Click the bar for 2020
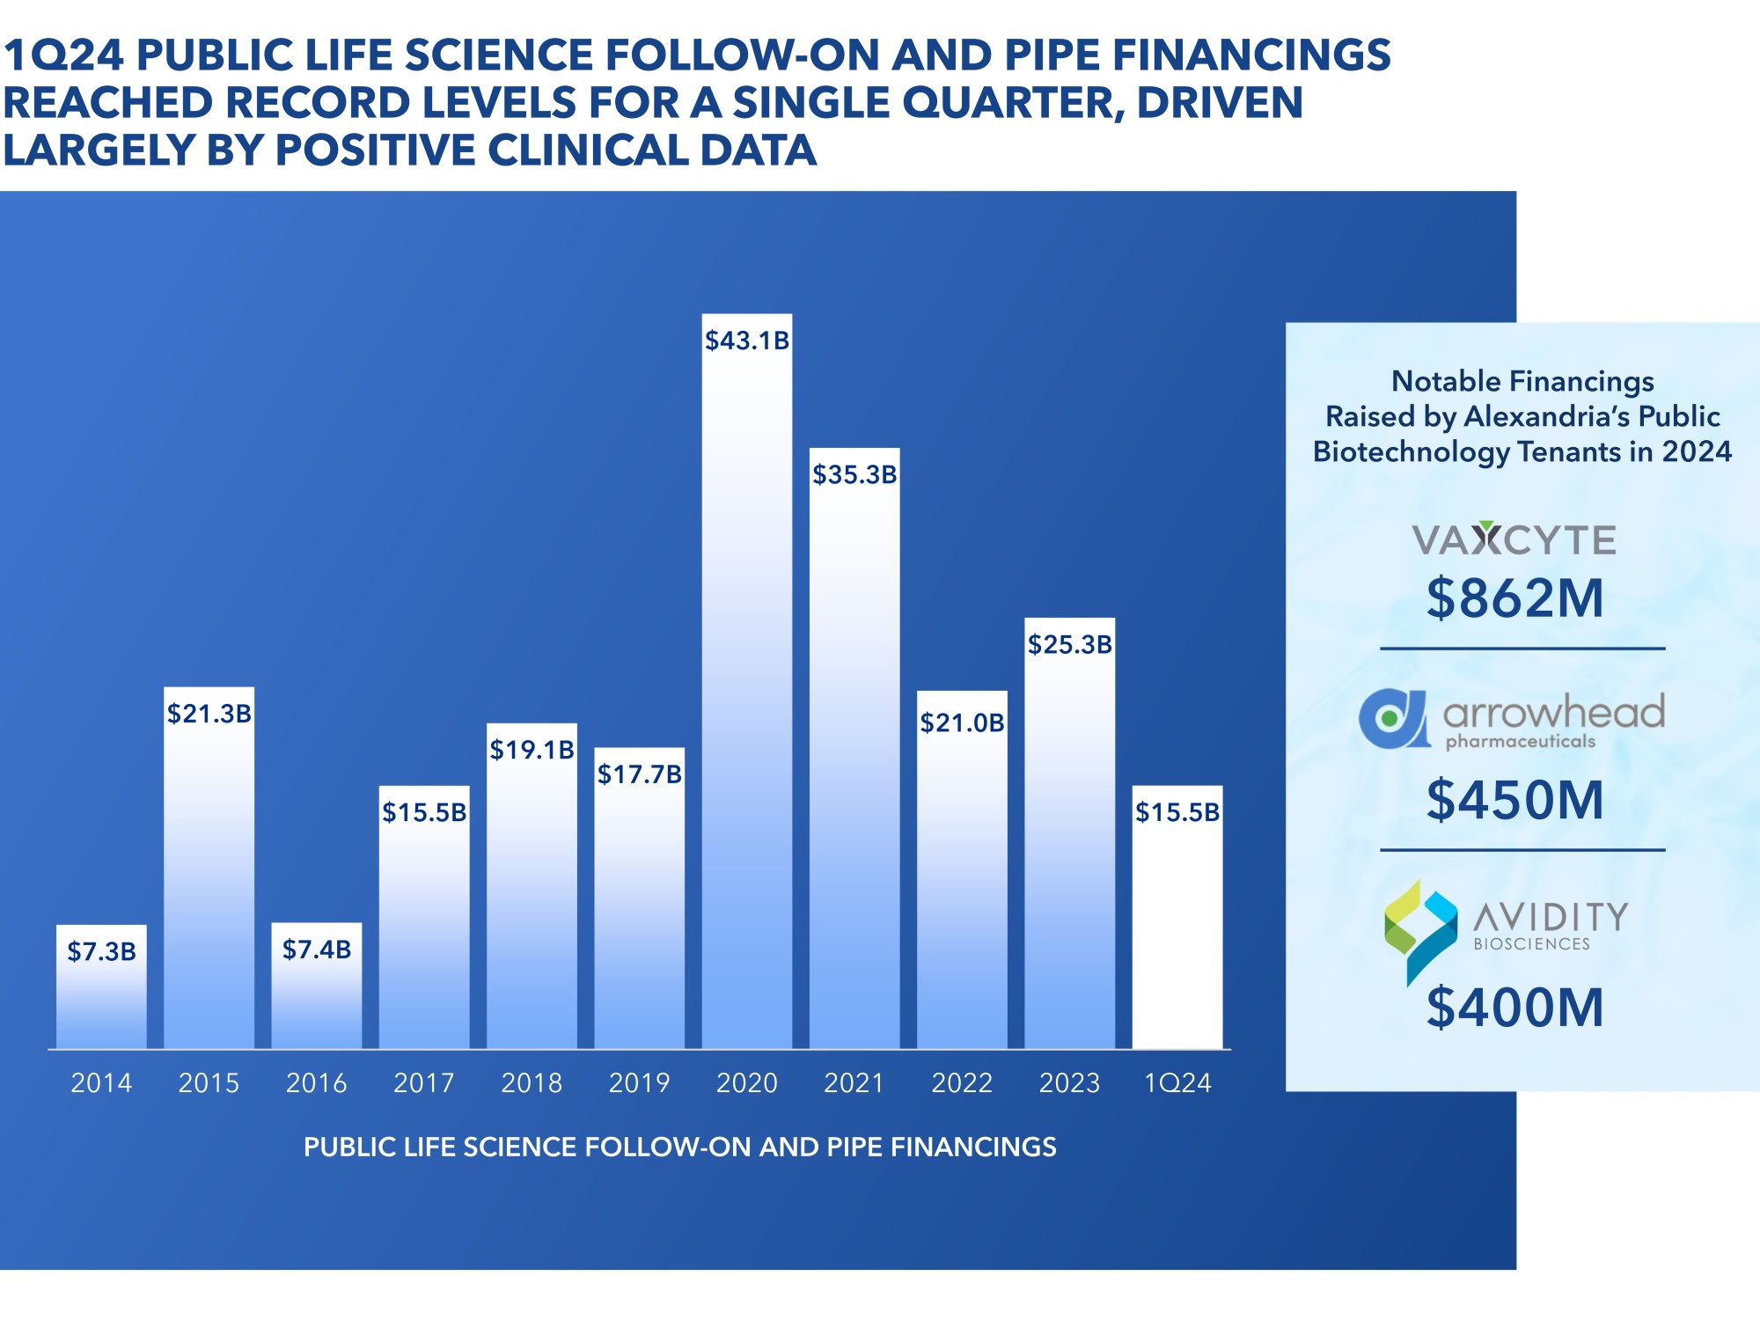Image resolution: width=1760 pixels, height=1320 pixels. [746, 704]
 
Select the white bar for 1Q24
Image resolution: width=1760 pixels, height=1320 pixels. [1177, 933]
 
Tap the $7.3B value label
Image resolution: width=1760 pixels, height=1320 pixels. [102, 951]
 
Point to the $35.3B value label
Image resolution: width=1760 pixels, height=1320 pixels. [854, 475]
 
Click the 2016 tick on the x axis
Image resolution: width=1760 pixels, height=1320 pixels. [316, 1082]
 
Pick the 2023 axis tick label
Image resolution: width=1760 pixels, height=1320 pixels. [1069, 1082]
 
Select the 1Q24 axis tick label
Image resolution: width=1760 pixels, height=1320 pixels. [1177, 1082]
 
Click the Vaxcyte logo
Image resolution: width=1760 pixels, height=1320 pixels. [1514, 539]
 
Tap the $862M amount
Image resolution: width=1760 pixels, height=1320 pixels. [1515, 598]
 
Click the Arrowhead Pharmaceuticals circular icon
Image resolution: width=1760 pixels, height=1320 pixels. [1393, 719]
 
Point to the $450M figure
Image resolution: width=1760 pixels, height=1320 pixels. [1515, 800]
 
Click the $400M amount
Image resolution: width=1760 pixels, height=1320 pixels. [1515, 1007]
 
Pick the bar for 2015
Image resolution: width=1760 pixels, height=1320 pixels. [209, 880]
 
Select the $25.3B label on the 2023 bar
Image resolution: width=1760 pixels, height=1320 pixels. [1069, 644]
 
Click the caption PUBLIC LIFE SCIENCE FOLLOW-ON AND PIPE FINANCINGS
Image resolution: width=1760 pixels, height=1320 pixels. [679, 1147]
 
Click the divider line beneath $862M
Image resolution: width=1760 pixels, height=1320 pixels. [1522, 649]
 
